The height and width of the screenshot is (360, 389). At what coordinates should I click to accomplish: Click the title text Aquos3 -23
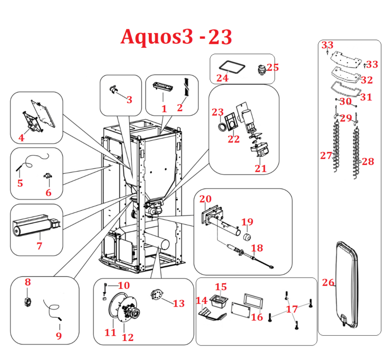tap(176, 37)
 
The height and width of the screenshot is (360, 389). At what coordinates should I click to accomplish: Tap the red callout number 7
tap(39, 246)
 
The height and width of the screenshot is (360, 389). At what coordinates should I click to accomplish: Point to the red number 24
tap(222, 78)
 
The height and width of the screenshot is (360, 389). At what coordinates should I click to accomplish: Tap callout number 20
tap(205, 199)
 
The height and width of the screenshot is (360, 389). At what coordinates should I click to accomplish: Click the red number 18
tap(257, 248)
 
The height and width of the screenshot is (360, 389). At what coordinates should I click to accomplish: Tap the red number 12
tap(127, 337)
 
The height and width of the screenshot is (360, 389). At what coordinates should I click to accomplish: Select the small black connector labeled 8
tap(27, 301)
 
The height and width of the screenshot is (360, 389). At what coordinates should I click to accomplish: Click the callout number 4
tap(21, 138)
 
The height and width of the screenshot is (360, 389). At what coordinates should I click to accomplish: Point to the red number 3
tap(129, 100)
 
